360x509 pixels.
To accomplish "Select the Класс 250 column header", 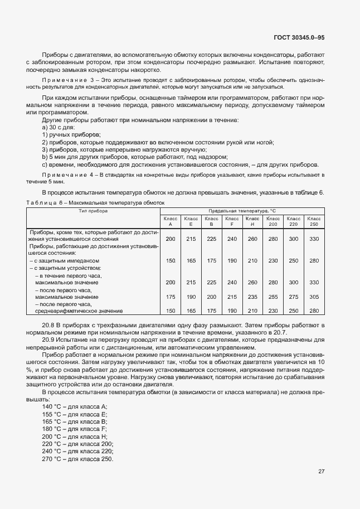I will pyautogui.click(x=314, y=221).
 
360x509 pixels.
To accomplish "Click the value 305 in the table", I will pyautogui.click(x=314, y=297).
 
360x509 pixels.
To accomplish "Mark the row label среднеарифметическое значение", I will pyautogui.click(x=71, y=311).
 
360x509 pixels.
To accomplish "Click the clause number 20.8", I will pyautogui.click(x=48, y=324).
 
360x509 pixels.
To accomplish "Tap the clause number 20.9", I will pyautogui.click(x=48, y=338).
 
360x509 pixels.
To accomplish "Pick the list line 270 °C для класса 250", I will pyautogui.click(x=77, y=458).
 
